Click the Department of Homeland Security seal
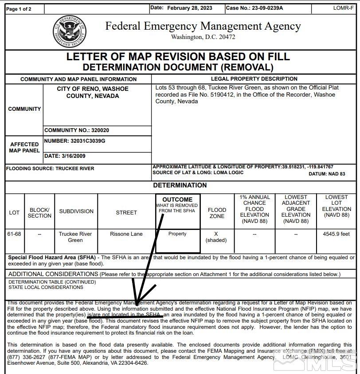pos(69,32)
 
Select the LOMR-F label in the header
pos(343,8)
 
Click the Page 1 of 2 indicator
pos(19,9)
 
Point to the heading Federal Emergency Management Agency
pos(203,26)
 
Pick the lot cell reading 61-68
pos(14,234)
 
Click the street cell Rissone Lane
pos(126,234)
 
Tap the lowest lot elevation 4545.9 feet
pos(337,234)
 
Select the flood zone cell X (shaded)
pos(216,237)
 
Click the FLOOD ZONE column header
pos(217,213)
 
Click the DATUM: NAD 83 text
pos(327,174)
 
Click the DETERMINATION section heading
pos(180,185)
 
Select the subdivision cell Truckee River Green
pos(75,237)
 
